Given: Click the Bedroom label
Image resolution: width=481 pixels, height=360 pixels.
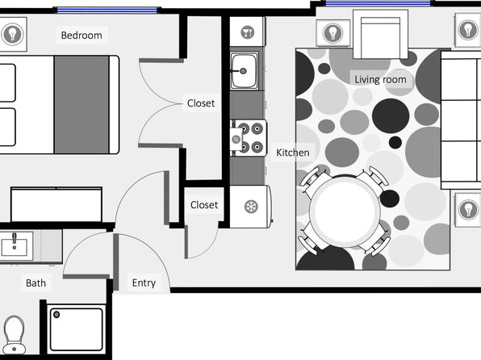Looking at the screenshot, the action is tap(82, 36).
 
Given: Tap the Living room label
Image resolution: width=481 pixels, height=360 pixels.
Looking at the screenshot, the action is tap(380, 79).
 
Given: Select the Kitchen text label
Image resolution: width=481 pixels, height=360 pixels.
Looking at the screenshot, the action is tap(293, 153).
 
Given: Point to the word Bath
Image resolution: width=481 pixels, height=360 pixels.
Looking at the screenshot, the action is tap(36, 283).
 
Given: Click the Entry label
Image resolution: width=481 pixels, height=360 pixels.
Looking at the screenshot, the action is tap(144, 283).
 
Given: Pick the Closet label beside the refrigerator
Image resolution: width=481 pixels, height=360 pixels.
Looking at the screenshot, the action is tap(204, 205).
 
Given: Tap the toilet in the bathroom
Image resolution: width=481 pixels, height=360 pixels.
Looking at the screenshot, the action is tap(14, 334).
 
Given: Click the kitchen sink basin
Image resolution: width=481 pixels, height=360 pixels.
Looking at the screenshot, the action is tap(245, 71).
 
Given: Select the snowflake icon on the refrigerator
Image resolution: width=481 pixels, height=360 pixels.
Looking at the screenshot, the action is tap(251, 207).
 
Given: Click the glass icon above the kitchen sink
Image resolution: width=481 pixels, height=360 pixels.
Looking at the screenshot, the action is tap(248, 32).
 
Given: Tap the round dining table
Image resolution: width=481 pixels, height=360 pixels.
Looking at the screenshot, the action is tap(345, 211).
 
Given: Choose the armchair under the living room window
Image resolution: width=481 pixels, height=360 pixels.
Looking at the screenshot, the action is tap(380, 34).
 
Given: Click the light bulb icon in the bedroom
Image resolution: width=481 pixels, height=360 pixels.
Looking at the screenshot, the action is tap(12, 34).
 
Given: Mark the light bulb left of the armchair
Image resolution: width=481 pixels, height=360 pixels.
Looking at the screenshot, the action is tap(333, 33).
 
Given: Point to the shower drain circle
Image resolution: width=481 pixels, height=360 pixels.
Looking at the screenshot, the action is tap(56, 315).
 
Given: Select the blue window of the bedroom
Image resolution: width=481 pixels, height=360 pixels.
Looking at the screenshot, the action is tap(107, 10).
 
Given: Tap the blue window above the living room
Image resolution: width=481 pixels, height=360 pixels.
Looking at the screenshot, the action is tap(378, 3).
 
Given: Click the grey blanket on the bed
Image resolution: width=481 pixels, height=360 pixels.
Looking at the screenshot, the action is tap(82, 105).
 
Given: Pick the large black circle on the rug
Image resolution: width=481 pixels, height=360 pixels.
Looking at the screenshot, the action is tap(391, 115).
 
